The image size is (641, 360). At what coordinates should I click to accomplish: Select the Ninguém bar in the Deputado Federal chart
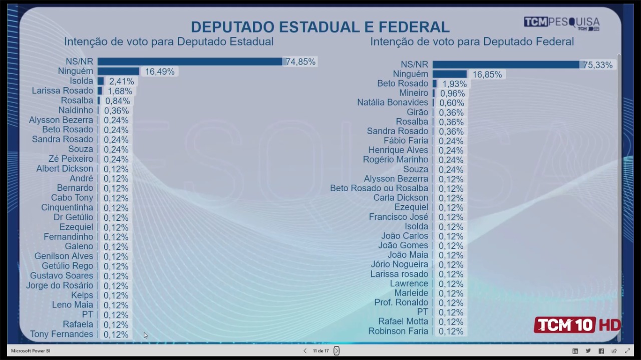[449, 74]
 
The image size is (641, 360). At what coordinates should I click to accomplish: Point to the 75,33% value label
[597, 65]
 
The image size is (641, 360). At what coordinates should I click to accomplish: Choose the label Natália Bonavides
[392, 103]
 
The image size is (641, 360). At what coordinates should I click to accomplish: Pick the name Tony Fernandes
[62, 334]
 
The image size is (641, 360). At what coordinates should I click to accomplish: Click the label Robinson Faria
[398, 331]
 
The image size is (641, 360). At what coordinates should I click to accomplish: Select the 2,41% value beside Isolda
[122, 81]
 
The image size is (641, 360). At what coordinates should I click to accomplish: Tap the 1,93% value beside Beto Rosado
[455, 84]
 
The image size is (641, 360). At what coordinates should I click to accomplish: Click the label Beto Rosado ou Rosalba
[379, 188]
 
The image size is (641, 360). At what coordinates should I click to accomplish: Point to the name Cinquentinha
[67, 207]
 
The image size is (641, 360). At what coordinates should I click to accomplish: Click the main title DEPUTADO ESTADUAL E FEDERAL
[320, 27]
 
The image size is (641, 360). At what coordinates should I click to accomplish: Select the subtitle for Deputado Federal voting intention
[472, 42]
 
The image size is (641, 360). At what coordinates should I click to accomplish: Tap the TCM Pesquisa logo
[561, 23]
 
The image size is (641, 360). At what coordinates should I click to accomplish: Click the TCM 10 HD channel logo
[577, 325]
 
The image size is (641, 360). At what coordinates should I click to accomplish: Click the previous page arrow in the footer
[305, 351]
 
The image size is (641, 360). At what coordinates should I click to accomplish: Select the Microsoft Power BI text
[31, 351]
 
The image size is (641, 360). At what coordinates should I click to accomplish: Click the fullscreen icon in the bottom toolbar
[627, 351]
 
